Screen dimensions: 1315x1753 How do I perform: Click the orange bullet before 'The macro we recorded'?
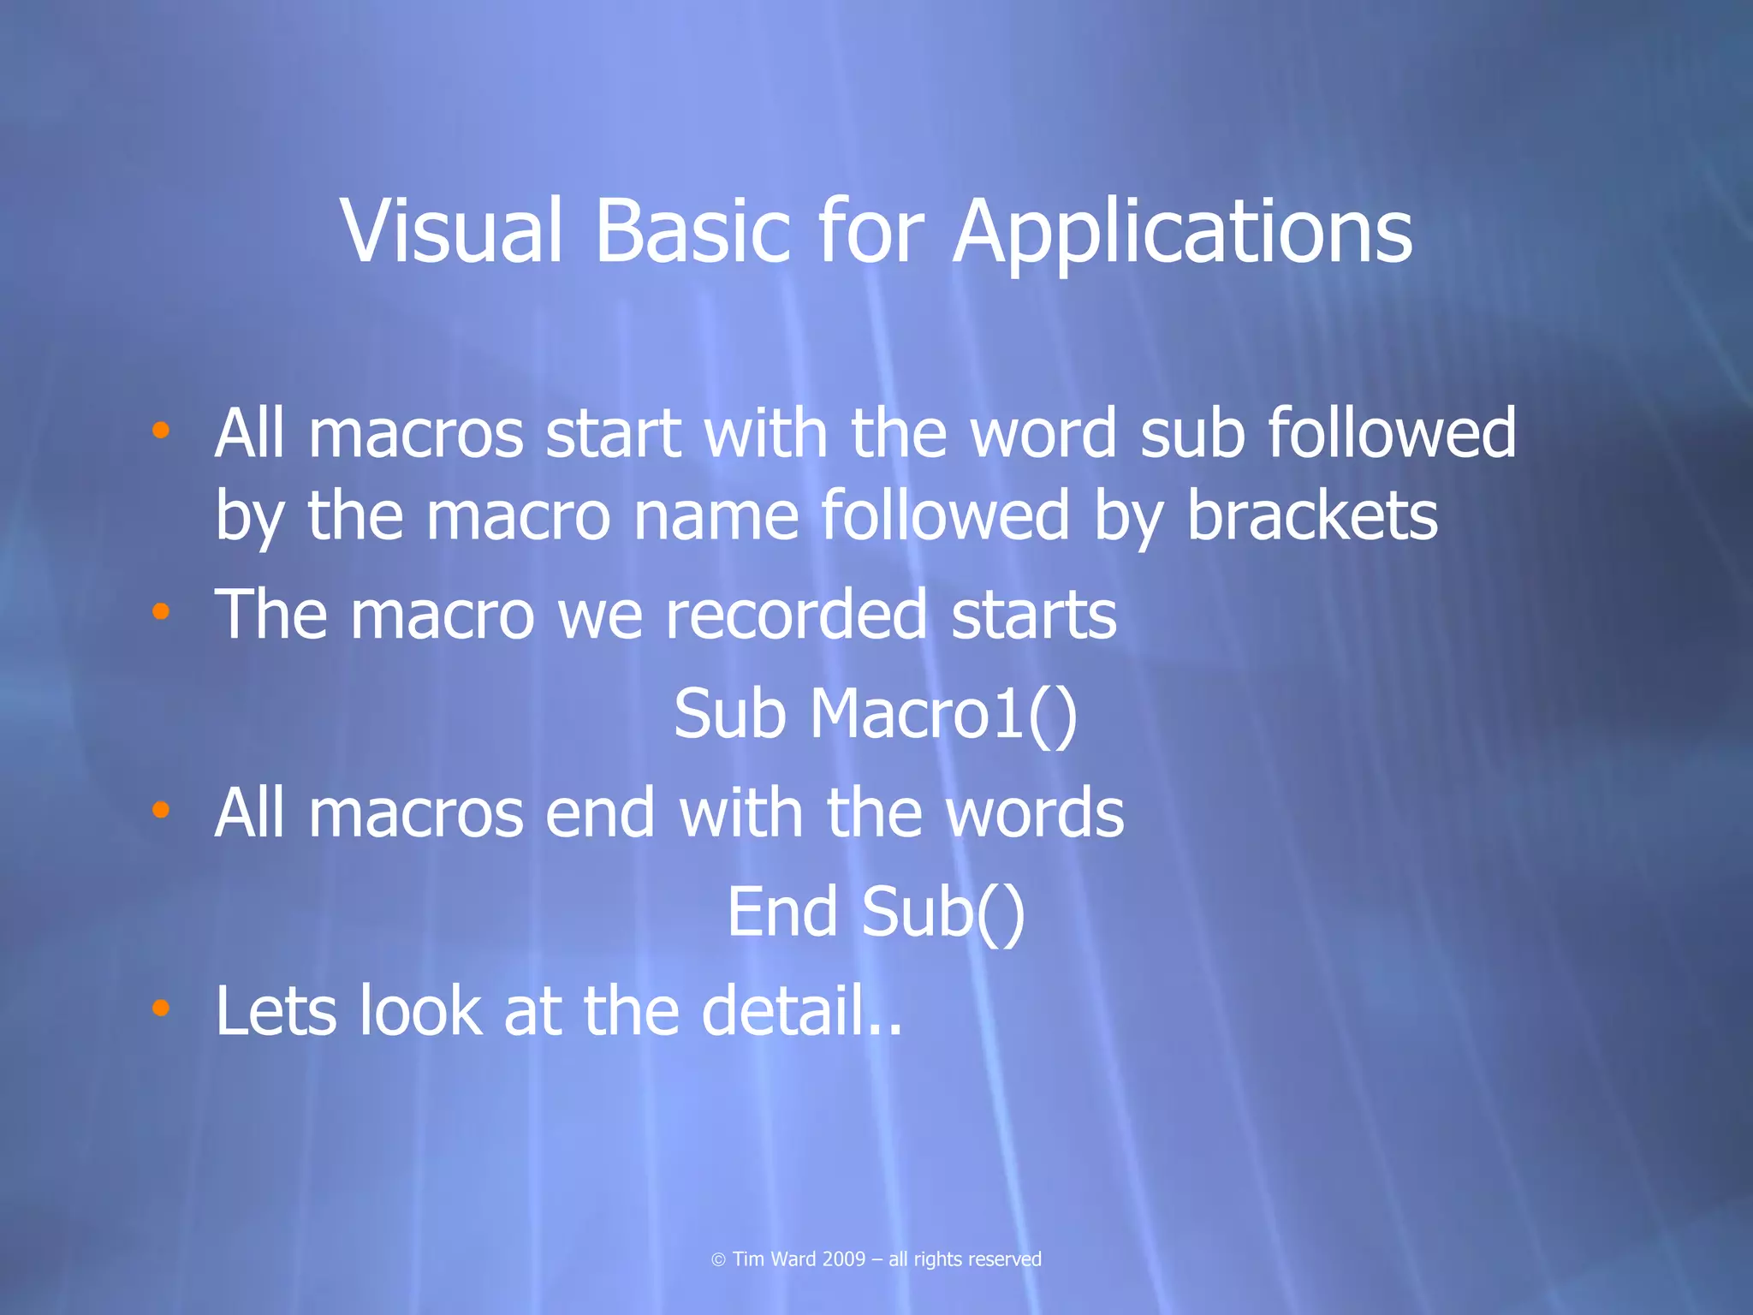160,611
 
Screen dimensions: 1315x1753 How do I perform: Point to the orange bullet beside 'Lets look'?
160,1008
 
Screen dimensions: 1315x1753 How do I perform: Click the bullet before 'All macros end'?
160,809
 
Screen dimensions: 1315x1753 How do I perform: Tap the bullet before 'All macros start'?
160,430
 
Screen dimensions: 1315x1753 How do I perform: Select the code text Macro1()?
943,714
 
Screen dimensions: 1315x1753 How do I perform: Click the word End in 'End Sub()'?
781,912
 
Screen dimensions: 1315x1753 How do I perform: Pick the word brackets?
1311,516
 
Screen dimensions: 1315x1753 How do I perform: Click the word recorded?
796,615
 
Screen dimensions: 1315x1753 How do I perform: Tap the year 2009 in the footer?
843,1259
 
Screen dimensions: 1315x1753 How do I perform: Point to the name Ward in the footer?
793,1259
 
